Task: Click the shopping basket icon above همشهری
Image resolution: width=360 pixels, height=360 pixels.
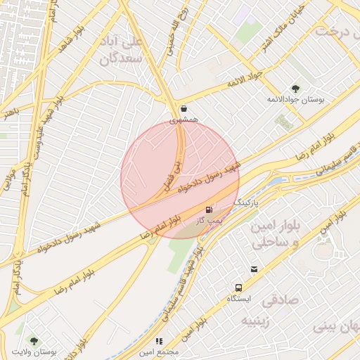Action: [x=184, y=109]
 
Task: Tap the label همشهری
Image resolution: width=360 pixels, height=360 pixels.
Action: [x=184, y=121]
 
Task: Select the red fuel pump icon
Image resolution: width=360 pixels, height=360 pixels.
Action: [x=209, y=210]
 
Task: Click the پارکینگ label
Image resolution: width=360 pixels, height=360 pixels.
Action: [x=247, y=202]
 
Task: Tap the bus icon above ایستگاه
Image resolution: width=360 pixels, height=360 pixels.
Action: [x=239, y=288]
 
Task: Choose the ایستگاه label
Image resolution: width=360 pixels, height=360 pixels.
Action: [x=239, y=300]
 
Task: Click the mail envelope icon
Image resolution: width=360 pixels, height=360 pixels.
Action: [x=254, y=269]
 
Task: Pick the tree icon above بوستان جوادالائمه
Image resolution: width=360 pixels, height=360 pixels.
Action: [x=295, y=88]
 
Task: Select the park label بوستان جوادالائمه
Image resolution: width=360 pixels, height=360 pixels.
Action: [x=295, y=100]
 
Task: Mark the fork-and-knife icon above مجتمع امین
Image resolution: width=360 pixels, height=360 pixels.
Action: [x=159, y=340]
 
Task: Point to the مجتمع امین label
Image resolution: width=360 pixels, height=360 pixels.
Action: [x=159, y=352]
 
